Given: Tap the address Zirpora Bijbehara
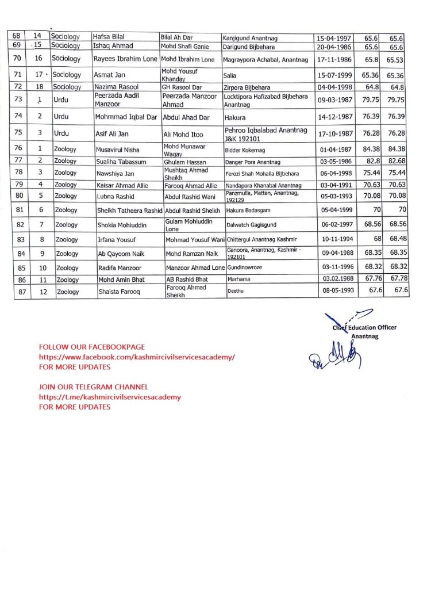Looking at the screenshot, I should pyautogui.click(x=247, y=87).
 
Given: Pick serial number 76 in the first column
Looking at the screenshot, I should pyautogui.click(x=17, y=149).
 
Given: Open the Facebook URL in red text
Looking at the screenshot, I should pyautogui.click(x=137, y=357).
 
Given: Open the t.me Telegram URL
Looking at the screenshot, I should pyautogui.click(x=110, y=397).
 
